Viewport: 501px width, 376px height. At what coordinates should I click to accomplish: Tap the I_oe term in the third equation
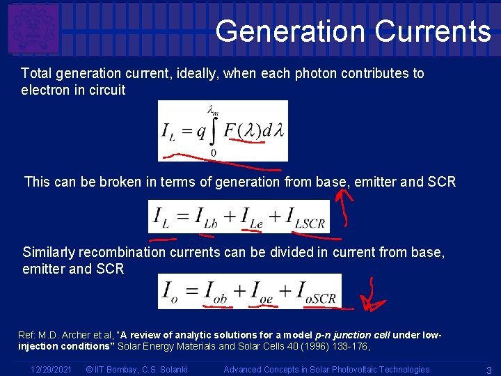[262, 292]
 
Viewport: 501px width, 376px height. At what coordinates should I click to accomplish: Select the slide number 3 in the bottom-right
[489, 370]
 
